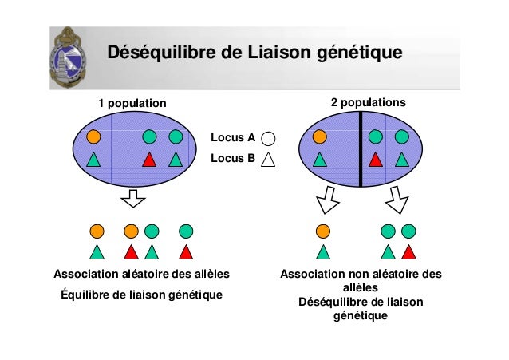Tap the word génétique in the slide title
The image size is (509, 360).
[x=359, y=53]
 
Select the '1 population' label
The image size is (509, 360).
[x=132, y=103]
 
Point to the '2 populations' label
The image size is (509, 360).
[x=368, y=103]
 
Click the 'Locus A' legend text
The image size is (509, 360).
[x=232, y=137]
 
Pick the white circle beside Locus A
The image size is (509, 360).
[x=268, y=138]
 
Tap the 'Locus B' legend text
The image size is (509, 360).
[x=232, y=158]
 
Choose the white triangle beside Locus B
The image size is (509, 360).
[x=268, y=159]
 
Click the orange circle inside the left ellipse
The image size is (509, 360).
[x=93, y=136]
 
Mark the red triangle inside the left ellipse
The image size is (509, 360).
[x=148, y=159]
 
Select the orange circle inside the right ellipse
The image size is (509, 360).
[x=319, y=136]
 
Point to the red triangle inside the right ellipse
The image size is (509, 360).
[x=376, y=159]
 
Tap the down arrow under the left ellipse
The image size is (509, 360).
[x=133, y=199]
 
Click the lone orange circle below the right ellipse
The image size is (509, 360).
[x=322, y=231]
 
